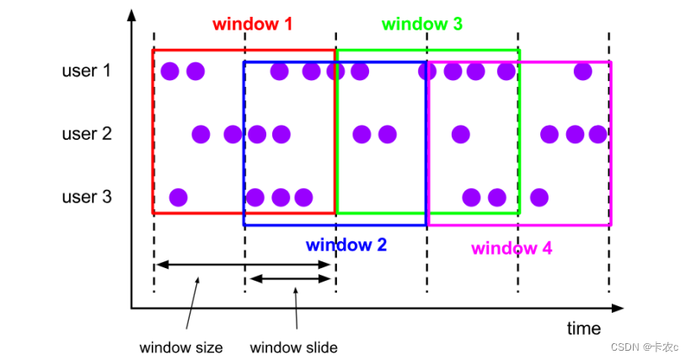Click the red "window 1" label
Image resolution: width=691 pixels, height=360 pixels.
pos(252,24)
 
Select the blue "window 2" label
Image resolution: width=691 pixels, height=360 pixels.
pos(345,245)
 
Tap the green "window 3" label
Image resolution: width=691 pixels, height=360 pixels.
pos(421,24)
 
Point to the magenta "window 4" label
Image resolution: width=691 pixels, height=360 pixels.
pos(512,248)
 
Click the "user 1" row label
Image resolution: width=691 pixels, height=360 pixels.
pos(86,71)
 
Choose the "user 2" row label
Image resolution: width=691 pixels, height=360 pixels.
pos(86,133)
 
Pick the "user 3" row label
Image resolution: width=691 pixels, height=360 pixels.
pos(86,197)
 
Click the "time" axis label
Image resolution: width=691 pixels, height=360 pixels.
pos(583,328)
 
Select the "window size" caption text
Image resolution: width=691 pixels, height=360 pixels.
pos(181,347)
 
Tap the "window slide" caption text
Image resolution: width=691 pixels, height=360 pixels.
pos(294,347)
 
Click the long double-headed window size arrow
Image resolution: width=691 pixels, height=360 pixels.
pos(244,265)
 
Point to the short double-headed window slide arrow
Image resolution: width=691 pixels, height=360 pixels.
pos(290,279)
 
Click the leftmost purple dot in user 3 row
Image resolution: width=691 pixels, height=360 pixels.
pos(178,197)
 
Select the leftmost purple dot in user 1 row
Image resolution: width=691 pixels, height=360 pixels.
pos(169,71)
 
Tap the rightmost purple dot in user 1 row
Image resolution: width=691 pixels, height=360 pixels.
pos(582,71)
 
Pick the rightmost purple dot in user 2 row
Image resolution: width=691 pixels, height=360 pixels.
pos(597,133)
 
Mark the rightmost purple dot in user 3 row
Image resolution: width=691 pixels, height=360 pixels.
pos(539,197)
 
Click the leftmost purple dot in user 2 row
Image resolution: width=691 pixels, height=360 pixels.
pos(201,133)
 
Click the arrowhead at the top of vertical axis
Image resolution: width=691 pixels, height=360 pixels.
pos(131,15)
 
